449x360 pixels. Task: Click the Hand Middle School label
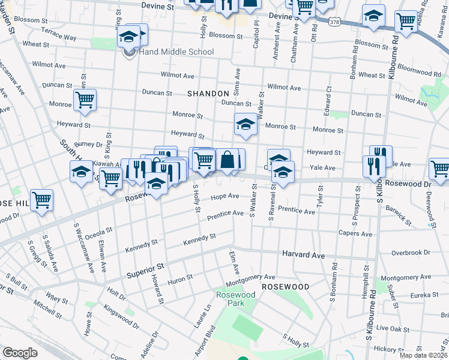point(176,52)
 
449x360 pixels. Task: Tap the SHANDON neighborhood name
point(208,94)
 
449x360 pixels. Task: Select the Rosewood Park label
point(236,299)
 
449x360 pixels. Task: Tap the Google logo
point(20,353)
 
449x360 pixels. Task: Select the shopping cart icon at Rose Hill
point(41,200)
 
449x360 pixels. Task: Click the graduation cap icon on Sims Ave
point(245,124)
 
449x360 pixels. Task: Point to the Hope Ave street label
point(224,196)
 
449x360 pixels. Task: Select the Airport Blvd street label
point(209,338)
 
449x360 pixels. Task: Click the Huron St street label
point(180,278)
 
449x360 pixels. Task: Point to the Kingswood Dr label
point(121,317)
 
